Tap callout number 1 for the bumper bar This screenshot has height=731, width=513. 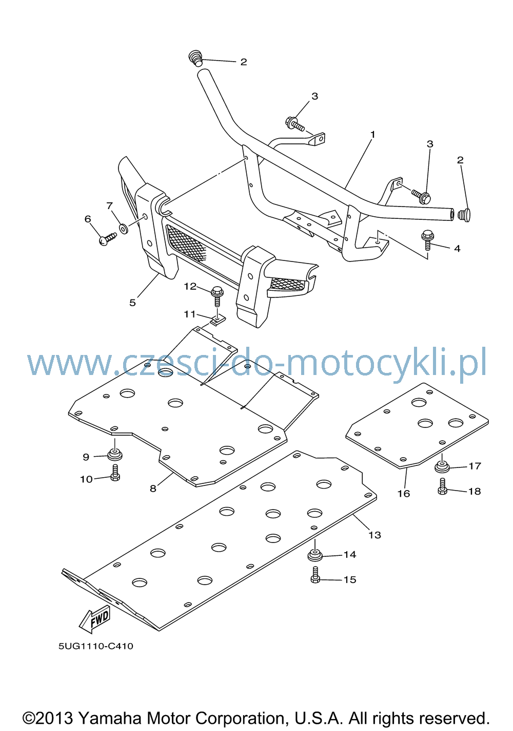click(x=373, y=135)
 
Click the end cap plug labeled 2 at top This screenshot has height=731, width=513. click(x=195, y=58)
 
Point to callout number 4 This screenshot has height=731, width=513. click(x=457, y=248)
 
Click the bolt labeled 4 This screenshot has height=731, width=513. click(x=427, y=240)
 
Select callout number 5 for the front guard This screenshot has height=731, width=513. click(x=132, y=303)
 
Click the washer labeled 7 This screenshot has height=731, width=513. click(x=124, y=229)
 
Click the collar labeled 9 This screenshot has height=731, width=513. click(x=115, y=454)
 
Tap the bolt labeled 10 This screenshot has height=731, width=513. click(x=115, y=473)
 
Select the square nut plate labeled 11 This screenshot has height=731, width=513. click(x=218, y=320)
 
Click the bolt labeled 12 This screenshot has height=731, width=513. click(x=218, y=296)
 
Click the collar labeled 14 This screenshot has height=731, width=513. click(x=315, y=555)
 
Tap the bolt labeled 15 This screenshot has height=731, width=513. click(x=315, y=575)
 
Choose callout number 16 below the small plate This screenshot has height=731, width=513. click(x=404, y=493)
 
